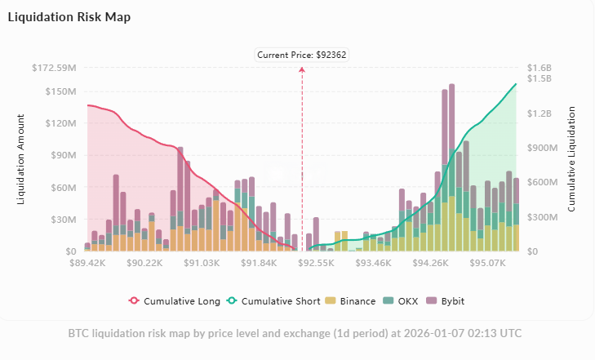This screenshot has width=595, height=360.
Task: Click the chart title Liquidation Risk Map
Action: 69,17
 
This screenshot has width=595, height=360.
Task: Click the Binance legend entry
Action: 352,301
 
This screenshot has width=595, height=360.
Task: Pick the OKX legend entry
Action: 402,301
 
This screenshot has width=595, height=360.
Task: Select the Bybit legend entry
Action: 446,301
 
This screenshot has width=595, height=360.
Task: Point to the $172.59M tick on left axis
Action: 54,68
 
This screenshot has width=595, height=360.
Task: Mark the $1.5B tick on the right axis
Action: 540,79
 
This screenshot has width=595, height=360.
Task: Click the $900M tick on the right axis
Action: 542,148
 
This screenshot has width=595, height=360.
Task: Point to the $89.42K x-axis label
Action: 88,263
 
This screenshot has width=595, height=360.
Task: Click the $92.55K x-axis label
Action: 317,263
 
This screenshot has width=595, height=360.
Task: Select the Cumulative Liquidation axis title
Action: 571,158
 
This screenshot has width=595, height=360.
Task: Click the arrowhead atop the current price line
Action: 303,69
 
